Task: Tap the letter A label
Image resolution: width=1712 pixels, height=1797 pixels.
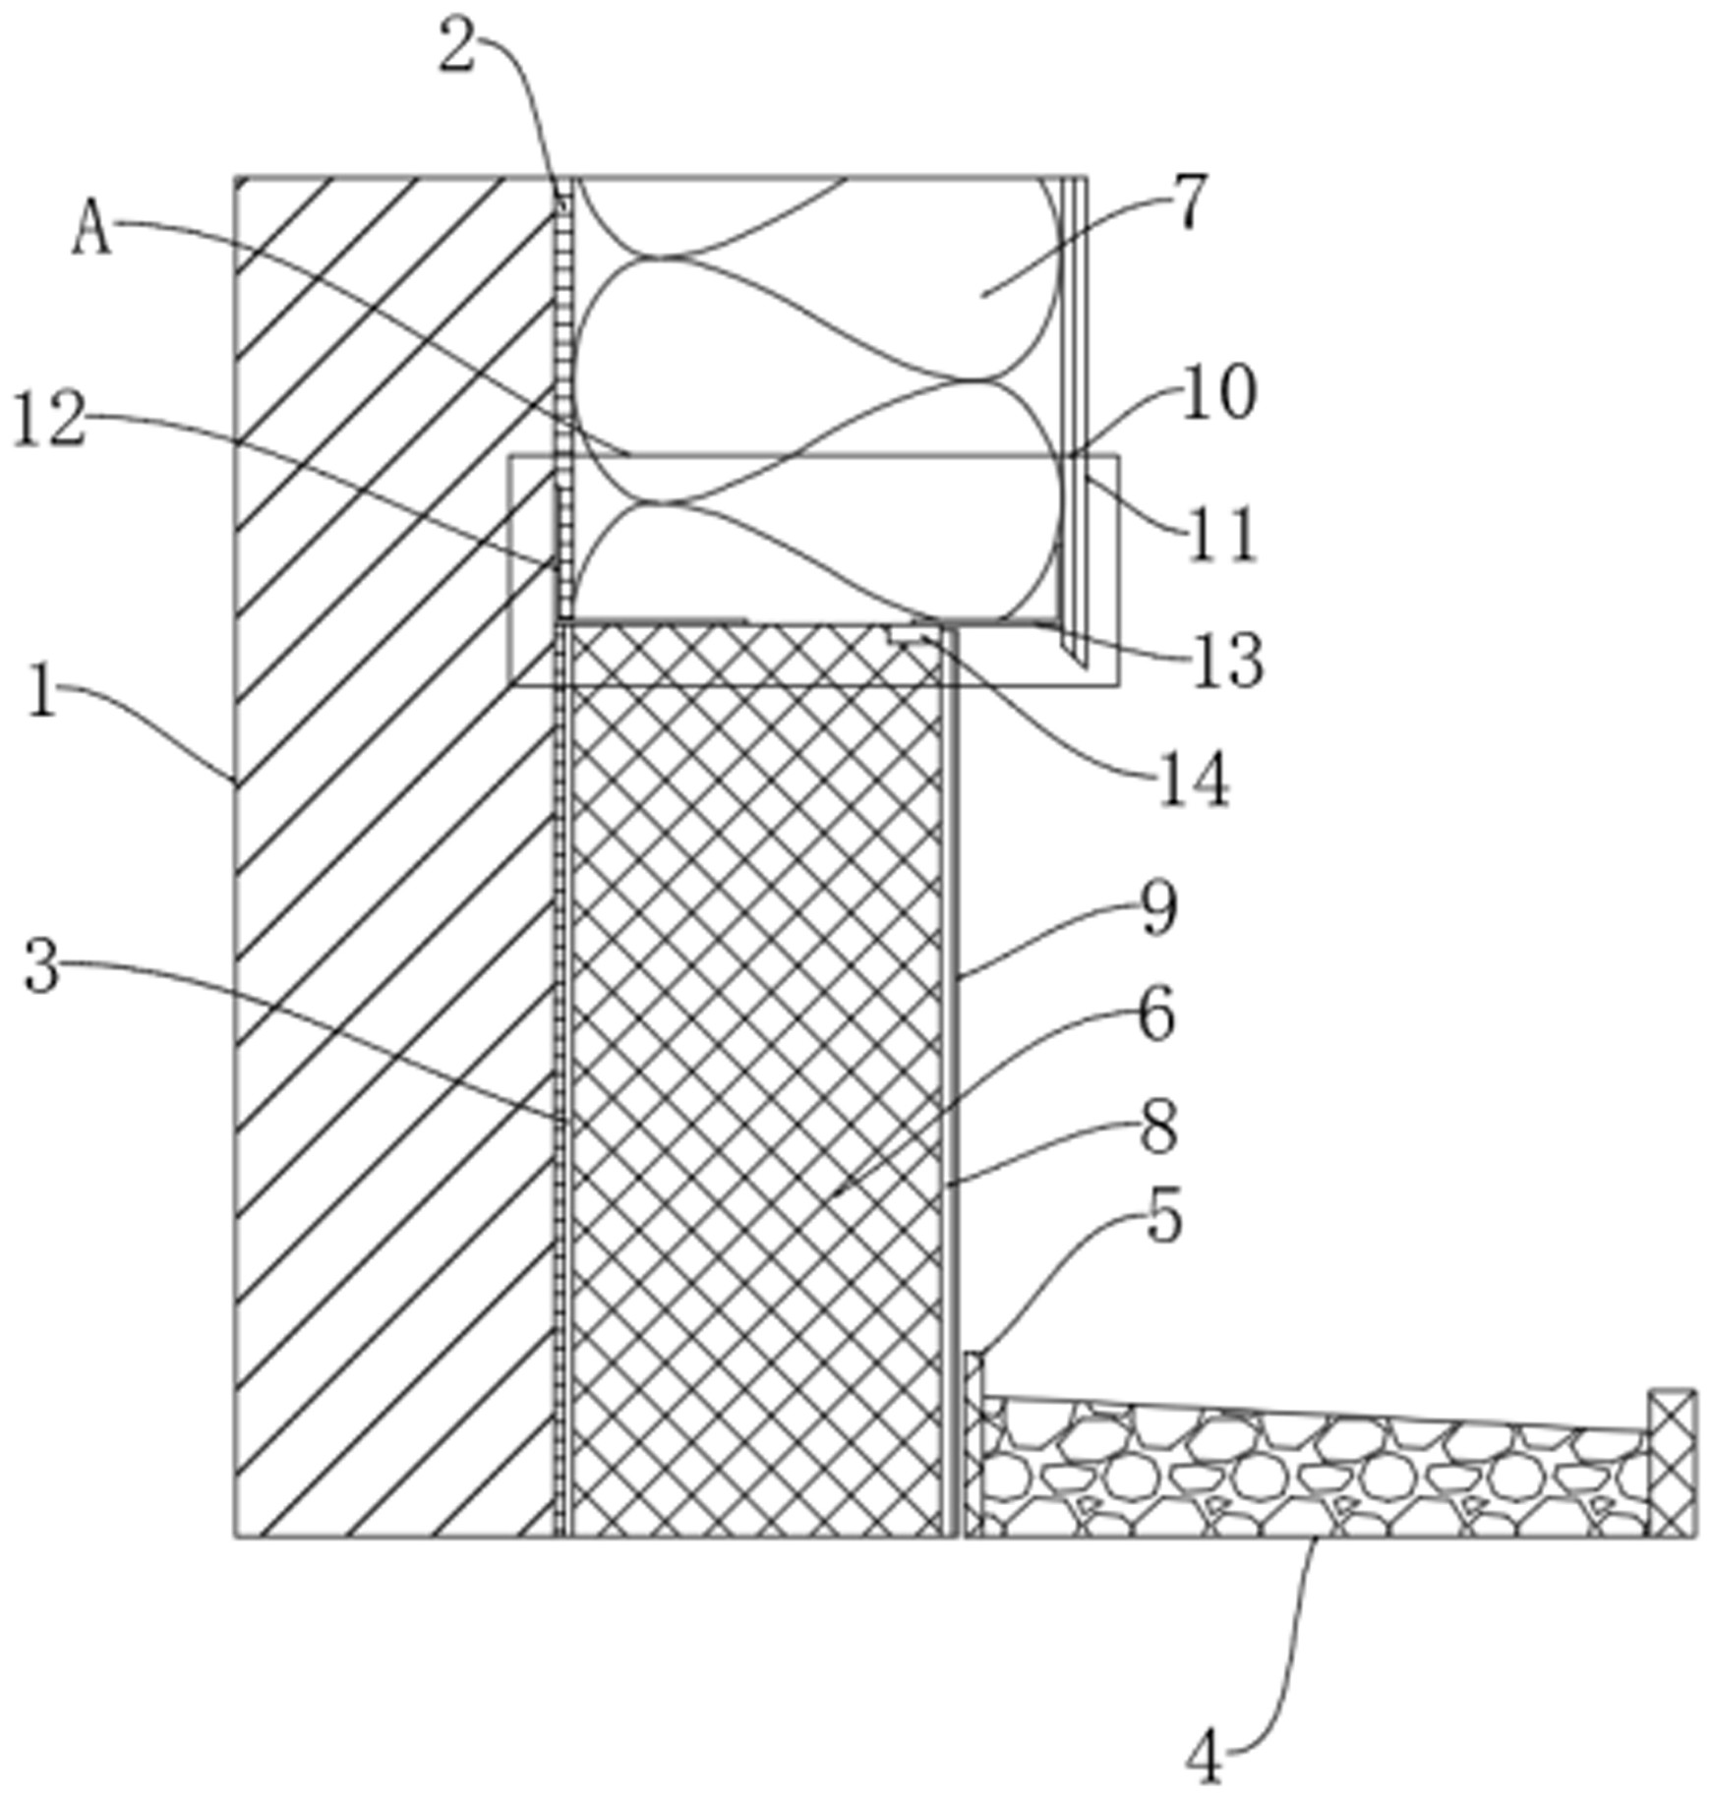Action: tap(91, 232)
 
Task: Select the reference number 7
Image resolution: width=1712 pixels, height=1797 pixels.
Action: tap(1189, 203)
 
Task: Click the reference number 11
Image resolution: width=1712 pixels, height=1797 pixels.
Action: tap(1221, 536)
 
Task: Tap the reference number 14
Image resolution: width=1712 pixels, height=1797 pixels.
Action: tap(1194, 781)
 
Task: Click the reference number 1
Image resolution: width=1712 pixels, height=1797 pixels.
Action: tap(42, 691)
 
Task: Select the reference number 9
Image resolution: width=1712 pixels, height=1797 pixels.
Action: tap(1158, 909)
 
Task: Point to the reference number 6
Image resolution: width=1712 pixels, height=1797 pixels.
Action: tap(1156, 1014)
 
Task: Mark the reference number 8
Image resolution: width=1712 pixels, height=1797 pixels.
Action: tap(1159, 1128)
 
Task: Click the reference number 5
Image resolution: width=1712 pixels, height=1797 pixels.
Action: tap(1164, 1220)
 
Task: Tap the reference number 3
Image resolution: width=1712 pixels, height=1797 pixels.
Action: tap(41, 967)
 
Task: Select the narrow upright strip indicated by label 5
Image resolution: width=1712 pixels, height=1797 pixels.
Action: tap(973, 1444)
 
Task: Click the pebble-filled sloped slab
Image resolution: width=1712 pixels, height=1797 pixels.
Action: tap(1316, 1467)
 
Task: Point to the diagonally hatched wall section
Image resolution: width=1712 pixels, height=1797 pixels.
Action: tap(394, 856)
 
